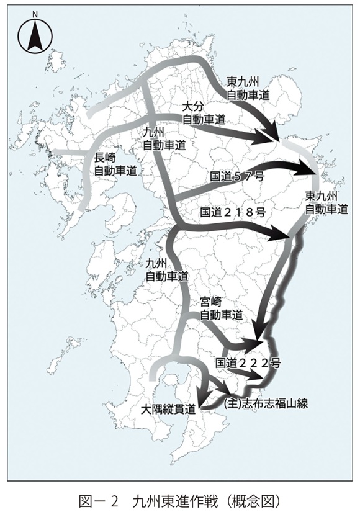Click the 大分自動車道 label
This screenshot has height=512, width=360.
202,111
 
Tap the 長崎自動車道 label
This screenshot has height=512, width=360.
115,164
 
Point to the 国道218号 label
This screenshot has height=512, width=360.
235,212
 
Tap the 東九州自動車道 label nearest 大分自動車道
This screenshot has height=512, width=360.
248,89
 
